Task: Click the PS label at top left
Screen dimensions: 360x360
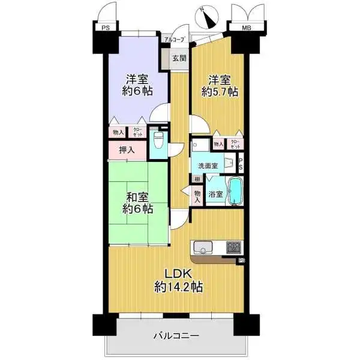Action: click(x=105, y=28)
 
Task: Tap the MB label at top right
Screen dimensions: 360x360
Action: click(x=247, y=28)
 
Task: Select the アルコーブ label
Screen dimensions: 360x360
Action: click(x=175, y=40)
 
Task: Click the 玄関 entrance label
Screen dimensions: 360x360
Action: click(x=178, y=59)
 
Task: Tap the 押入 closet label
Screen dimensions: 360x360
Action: click(x=126, y=149)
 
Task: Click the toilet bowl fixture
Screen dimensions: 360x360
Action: click(x=158, y=140)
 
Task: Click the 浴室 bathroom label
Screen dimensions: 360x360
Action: click(x=215, y=194)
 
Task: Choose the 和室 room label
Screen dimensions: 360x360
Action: click(x=138, y=197)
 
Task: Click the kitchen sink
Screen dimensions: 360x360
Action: click(x=202, y=247)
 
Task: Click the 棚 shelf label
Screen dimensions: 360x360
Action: click(x=196, y=179)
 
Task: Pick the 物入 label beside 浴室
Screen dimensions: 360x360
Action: click(x=197, y=196)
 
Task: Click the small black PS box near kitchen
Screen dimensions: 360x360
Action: click(x=241, y=260)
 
